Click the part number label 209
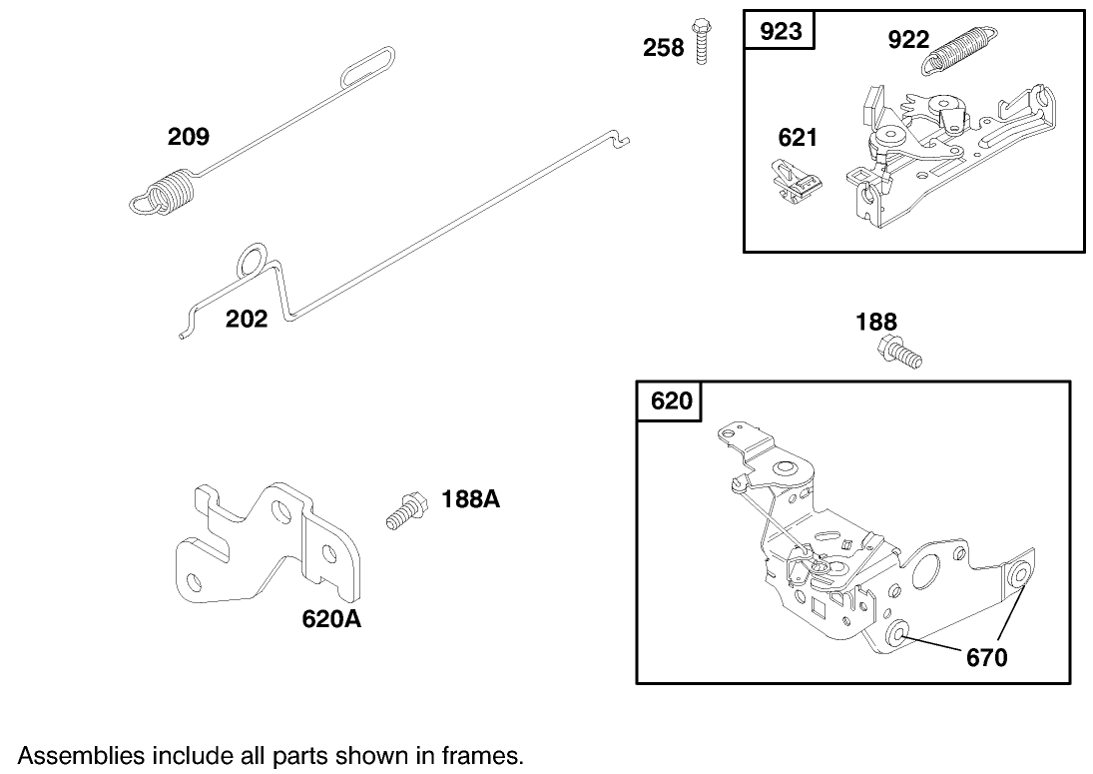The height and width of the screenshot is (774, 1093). click(x=188, y=136)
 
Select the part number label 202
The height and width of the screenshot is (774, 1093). click(x=247, y=319)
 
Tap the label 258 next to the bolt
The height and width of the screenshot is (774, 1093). click(x=663, y=47)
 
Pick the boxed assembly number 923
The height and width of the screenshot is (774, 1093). click(x=781, y=31)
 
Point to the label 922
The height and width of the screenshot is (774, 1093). click(x=908, y=40)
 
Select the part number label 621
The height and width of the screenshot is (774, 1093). click(x=798, y=138)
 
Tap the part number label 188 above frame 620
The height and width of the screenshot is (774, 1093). click(x=876, y=322)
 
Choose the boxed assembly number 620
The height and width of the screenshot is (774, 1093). click(x=670, y=400)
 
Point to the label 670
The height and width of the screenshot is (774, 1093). click(x=986, y=657)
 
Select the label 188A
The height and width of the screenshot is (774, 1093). click(x=470, y=499)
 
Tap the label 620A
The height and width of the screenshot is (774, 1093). click(x=331, y=619)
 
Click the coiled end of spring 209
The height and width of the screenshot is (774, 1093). click(x=168, y=192)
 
